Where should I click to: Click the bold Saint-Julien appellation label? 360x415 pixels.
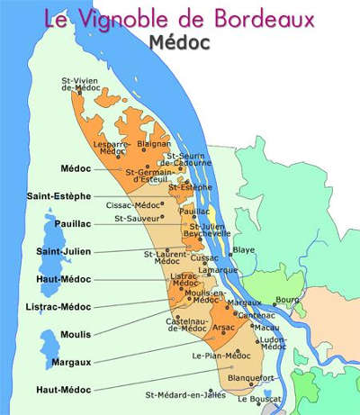pyautogui.click(x=61, y=251)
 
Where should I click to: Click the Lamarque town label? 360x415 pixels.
pyautogui.click(x=218, y=269)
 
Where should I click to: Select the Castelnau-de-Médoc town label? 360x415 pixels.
pyautogui.click(x=186, y=326)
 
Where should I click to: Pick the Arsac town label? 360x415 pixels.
pyautogui.click(x=222, y=328)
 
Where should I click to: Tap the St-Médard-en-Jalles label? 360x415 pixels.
pyautogui.click(x=184, y=394)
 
